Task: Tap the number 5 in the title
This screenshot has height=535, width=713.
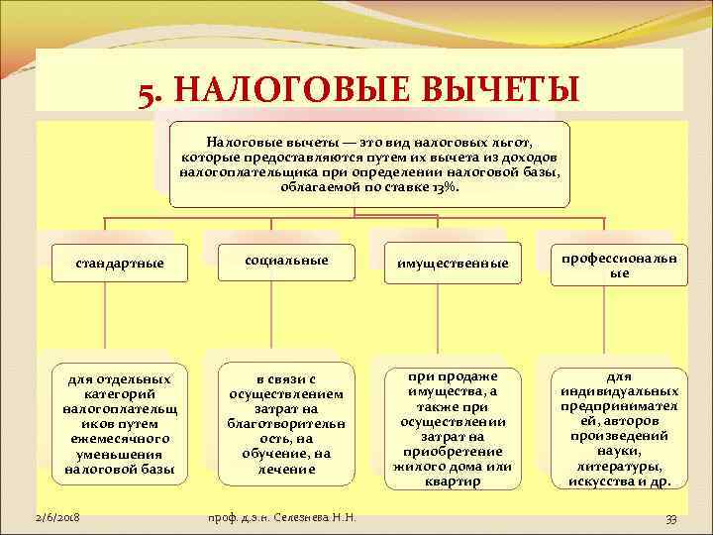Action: click(x=146, y=96)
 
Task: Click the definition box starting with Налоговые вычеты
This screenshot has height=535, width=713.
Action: click(x=369, y=163)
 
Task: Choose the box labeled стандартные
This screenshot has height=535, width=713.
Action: click(x=120, y=264)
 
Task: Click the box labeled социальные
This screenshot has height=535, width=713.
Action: click(x=286, y=259)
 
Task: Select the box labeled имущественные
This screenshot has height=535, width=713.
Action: click(x=453, y=264)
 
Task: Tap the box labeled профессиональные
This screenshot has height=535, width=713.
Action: click(x=619, y=264)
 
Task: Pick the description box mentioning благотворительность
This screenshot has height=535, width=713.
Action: click(x=286, y=423)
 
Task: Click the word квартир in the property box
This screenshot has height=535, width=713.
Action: click(x=453, y=481)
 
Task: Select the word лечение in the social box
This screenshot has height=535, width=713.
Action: click(x=286, y=468)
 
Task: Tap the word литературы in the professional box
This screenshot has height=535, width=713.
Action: click(x=619, y=467)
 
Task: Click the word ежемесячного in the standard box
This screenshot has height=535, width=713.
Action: click(x=120, y=438)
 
